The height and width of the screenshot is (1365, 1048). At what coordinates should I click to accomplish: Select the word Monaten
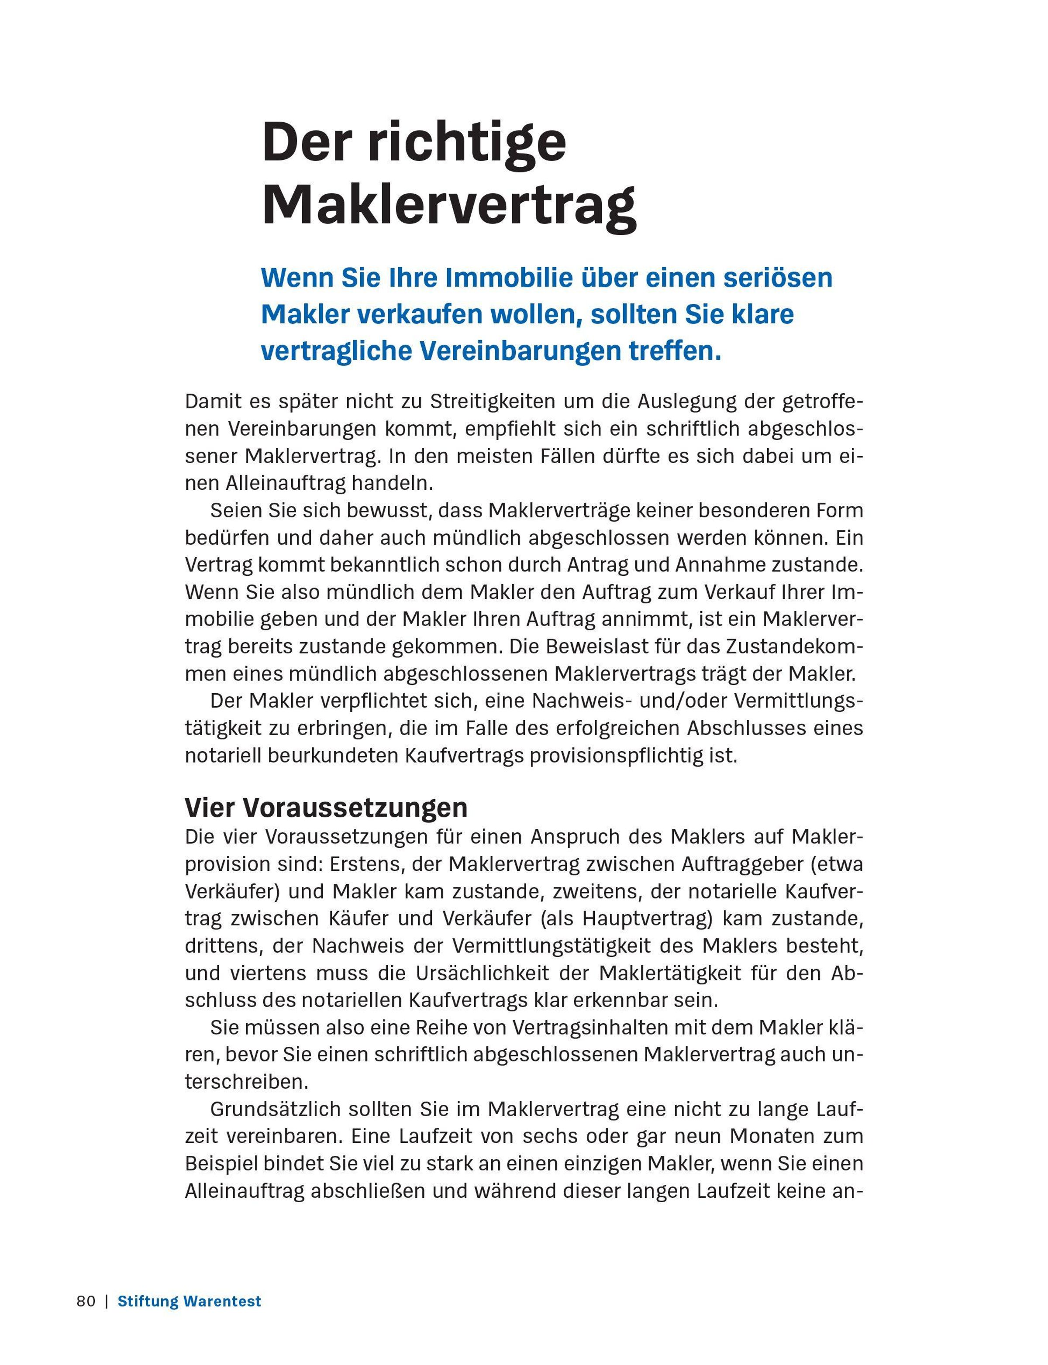pyautogui.click(x=770, y=1137)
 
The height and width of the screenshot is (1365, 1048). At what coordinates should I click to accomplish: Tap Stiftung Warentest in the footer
pyautogui.click(x=189, y=1301)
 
